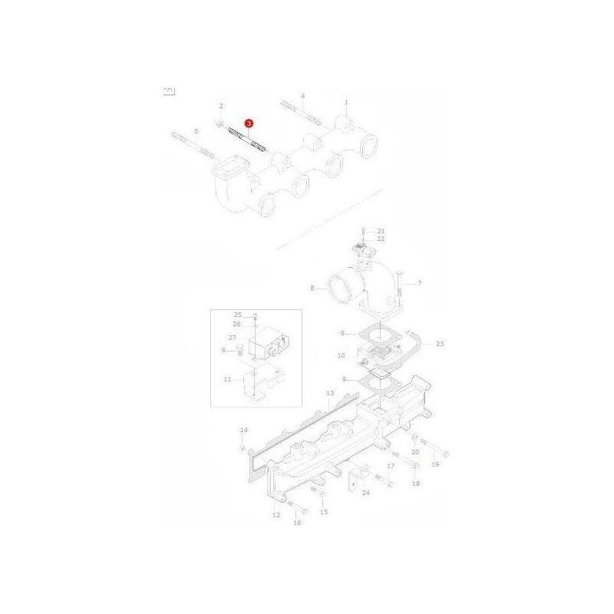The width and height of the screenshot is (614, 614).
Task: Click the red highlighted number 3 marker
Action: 248,123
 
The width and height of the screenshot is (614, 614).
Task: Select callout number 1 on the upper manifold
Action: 346,101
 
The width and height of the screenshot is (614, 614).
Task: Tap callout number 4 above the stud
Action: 302,96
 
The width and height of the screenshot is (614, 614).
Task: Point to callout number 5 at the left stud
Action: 196,131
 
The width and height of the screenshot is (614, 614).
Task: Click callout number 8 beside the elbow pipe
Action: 312,289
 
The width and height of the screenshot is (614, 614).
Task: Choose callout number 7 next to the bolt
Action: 419,283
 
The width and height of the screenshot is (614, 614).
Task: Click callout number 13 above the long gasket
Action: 329,392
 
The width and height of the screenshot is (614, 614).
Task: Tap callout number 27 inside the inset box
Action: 232,337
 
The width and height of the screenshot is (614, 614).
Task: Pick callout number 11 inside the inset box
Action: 227,379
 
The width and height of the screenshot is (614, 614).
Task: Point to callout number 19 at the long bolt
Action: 435,464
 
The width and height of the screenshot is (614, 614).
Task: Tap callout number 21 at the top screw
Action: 381,231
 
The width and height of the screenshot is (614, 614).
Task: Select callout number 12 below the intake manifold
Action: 276,515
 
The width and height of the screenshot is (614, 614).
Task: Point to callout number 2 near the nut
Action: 220,105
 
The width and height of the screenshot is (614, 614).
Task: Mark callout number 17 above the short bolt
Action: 391,466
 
